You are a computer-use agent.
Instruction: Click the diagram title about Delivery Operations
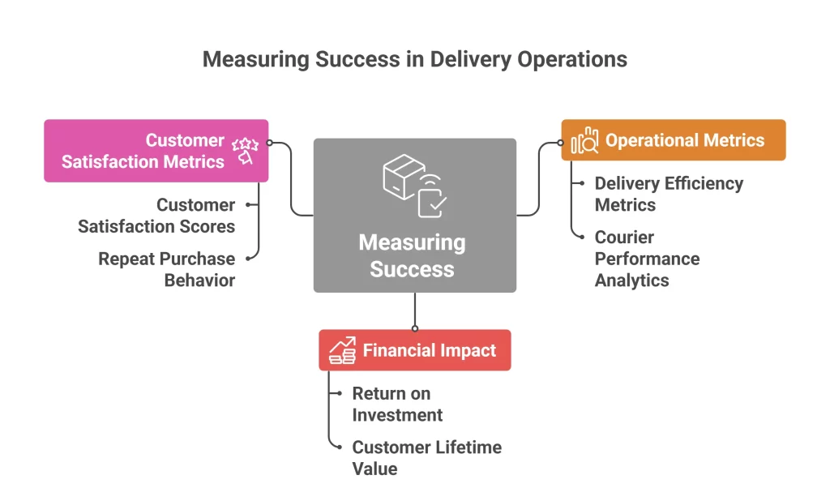point(414,60)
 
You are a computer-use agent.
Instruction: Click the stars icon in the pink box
point(244,150)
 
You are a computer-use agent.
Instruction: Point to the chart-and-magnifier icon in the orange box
point(584,141)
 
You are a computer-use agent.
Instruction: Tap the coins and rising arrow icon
point(342,351)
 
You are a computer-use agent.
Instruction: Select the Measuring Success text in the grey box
point(412,255)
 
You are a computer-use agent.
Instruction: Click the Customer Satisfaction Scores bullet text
point(156,216)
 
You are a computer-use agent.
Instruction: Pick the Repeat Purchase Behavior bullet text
point(166,269)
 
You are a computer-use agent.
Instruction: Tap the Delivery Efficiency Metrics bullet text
point(668,194)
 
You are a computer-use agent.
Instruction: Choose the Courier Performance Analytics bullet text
point(646,259)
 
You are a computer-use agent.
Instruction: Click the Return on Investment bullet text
point(397,404)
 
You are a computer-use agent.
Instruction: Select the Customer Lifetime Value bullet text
point(426,458)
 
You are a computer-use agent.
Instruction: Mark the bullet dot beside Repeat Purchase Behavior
point(248,259)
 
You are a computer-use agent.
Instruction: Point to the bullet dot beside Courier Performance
point(582,238)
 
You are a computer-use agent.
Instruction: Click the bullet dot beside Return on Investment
point(339,394)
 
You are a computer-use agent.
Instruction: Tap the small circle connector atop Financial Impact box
point(415,328)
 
